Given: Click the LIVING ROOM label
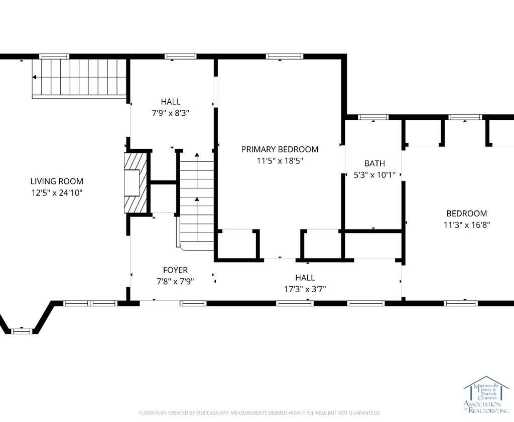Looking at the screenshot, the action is coord(57,181).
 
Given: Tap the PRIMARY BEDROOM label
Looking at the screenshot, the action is coord(280,149).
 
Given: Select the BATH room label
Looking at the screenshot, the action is coord(374,163).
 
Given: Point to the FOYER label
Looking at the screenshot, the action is coord(175,270).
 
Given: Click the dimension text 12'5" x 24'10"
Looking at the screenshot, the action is coord(57,193).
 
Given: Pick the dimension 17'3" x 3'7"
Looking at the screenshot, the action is coord(305,289).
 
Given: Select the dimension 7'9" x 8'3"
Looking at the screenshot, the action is coord(171,113).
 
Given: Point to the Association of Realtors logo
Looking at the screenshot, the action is coord(486,395).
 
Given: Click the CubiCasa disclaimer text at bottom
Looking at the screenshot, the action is coord(260,413).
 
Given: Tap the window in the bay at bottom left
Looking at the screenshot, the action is coord(22,331).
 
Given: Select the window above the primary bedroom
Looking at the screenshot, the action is coord(284,56).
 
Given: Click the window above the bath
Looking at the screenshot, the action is coord(373,117).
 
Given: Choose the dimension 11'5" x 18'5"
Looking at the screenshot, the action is coord(280,161).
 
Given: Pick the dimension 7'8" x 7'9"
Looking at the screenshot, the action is coord(175,282).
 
